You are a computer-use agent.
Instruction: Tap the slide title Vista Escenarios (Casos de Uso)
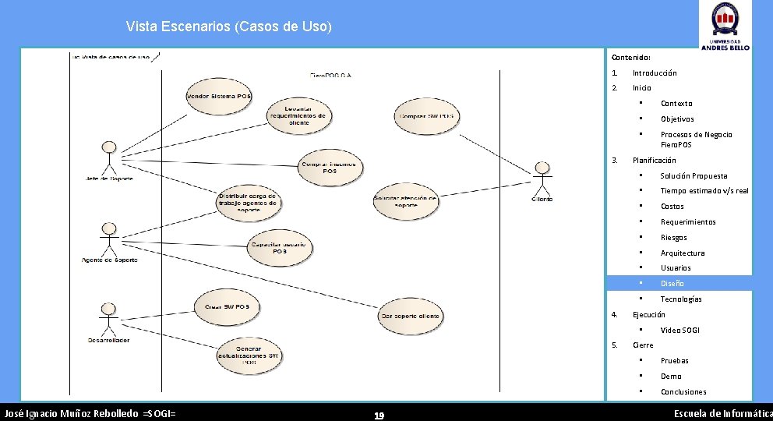point(229,27)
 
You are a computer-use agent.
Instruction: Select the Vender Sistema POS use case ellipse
point(219,95)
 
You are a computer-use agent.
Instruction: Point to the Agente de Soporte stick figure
point(109,237)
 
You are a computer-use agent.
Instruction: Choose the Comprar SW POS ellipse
point(426,116)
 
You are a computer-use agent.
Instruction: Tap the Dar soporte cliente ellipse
point(411,316)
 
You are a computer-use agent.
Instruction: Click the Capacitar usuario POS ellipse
point(279,247)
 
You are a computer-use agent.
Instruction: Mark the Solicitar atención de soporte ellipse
point(405,200)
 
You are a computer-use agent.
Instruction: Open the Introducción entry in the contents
point(655,73)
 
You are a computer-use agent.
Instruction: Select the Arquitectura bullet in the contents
point(682,253)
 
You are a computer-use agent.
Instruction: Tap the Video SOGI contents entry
point(679,330)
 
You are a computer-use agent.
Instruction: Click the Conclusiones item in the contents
point(683,391)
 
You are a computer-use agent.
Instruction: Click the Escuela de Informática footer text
point(722,412)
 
